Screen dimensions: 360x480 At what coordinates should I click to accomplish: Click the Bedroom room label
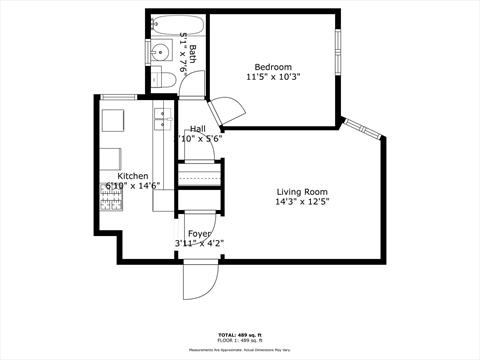272,66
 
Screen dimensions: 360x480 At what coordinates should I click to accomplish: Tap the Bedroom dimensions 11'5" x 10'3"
272,77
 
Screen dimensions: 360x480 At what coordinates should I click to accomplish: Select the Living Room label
302,192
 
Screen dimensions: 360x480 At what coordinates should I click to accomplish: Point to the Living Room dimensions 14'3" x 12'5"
302,203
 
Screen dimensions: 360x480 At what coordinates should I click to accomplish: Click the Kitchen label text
133,176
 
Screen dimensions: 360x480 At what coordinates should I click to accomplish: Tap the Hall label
198,128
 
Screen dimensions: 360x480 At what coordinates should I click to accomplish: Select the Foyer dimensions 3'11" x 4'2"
199,243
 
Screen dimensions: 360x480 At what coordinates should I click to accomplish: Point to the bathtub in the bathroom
177,24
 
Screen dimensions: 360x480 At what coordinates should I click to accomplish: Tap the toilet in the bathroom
160,79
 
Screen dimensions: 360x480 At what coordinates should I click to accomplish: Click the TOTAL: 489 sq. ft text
240,334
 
